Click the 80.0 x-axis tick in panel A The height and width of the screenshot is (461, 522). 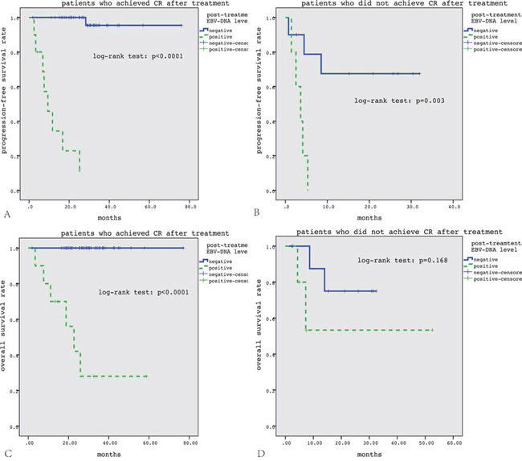(190, 206)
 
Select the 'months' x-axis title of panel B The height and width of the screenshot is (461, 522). (370, 217)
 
